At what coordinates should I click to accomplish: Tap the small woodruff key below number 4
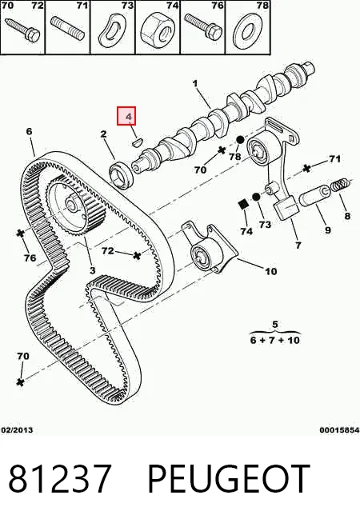click(x=137, y=143)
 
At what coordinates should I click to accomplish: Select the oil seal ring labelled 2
click(x=122, y=174)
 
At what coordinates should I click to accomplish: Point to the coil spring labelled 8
click(x=341, y=185)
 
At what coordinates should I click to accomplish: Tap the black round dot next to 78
click(x=240, y=140)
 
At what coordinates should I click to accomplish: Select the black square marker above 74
click(x=244, y=204)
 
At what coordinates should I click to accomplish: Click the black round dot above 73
click(x=255, y=197)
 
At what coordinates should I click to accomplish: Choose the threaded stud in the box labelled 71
click(x=68, y=29)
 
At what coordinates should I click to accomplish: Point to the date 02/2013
click(x=18, y=429)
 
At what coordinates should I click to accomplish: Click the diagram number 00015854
click(x=339, y=430)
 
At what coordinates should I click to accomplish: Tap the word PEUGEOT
click(x=228, y=478)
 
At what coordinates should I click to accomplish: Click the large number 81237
click(x=59, y=478)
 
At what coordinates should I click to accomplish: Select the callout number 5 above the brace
click(x=275, y=324)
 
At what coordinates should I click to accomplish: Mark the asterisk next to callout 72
click(x=137, y=256)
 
